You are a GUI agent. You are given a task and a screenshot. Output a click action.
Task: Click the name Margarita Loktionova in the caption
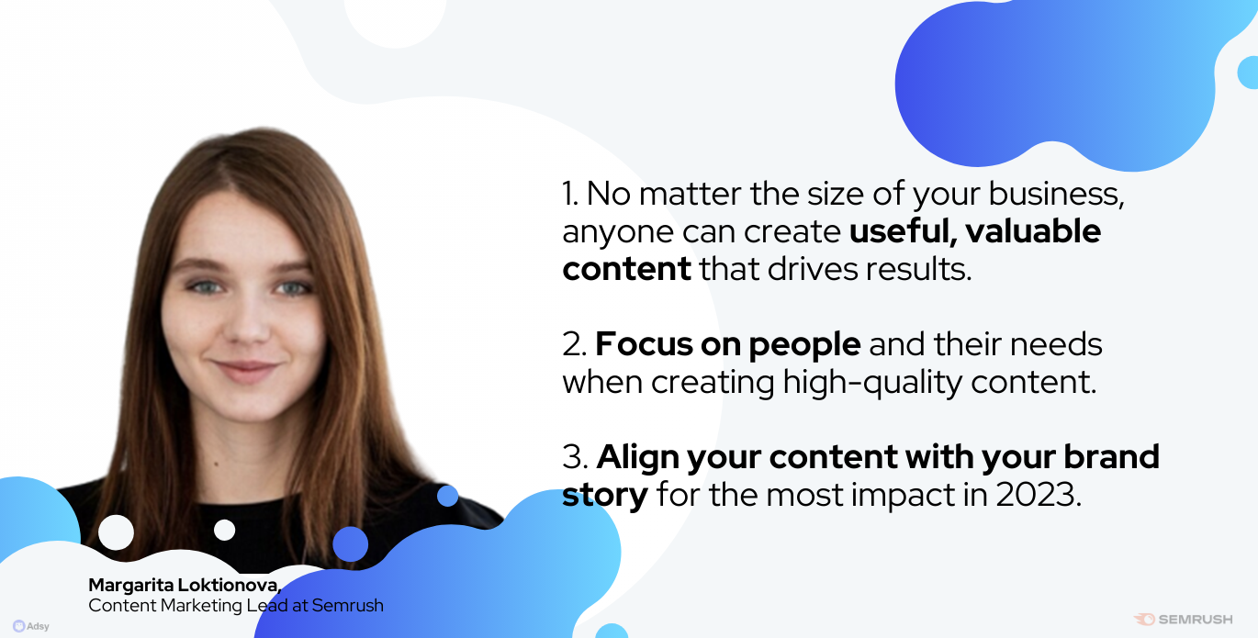184,585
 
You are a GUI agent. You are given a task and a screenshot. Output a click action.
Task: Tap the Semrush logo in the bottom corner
1184,619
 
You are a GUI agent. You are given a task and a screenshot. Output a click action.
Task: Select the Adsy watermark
31,626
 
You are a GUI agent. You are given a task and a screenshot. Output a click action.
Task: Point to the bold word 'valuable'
1033,230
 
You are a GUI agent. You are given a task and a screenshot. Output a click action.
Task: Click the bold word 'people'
804,345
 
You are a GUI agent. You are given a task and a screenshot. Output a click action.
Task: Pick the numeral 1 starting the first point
569,194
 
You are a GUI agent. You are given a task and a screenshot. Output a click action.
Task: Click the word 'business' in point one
1056,194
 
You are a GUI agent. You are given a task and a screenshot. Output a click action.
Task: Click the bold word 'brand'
1111,456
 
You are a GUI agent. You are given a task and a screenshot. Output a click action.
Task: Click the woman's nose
248,326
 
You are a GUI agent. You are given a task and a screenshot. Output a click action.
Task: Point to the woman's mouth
245,370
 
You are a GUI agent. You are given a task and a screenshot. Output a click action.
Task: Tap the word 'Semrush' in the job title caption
348,606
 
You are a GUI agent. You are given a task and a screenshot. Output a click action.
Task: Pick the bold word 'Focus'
644,344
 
